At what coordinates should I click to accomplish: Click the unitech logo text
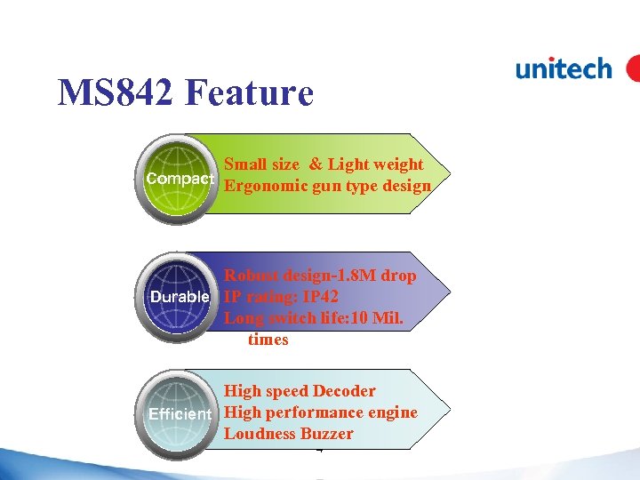click(564, 68)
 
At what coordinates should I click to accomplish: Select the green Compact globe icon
click(180, 177)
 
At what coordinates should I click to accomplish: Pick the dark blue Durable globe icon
click(180, 294)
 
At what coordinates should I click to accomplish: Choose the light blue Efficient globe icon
click(180, 412)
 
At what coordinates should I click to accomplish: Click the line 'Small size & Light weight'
click(324, 164)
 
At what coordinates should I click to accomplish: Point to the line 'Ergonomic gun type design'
click(327, 186)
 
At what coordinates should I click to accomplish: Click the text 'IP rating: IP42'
click(281, 296)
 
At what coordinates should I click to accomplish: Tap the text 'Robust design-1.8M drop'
click(320, 276)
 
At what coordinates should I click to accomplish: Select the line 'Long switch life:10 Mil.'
click(314, 317)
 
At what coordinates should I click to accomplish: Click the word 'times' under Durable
click(268, 340)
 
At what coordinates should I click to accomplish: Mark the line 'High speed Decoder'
click(300, 391)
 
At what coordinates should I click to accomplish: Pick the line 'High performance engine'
click(320, 412)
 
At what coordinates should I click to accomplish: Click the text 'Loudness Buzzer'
click(288, 434)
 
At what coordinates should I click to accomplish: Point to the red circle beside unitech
click(633, 68)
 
